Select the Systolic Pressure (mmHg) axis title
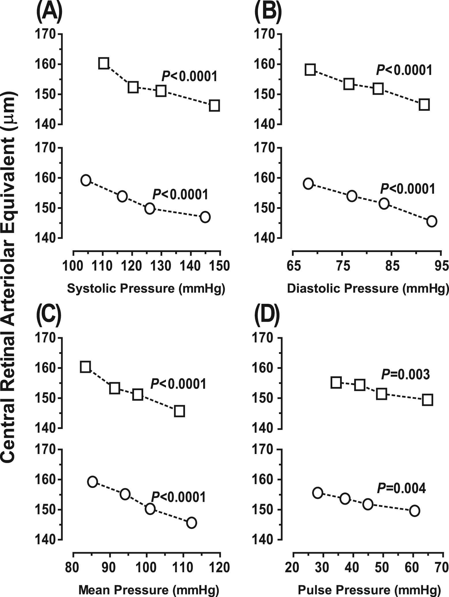point(146,289)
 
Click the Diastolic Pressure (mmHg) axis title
point(368,289)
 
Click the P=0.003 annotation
point(405,375)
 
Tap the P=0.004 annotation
point(401,488)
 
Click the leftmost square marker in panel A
point(103,63)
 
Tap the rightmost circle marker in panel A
point(205,217)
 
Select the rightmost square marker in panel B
point(424,105)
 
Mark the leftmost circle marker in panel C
point(93,482)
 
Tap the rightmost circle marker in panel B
point(431,221)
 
